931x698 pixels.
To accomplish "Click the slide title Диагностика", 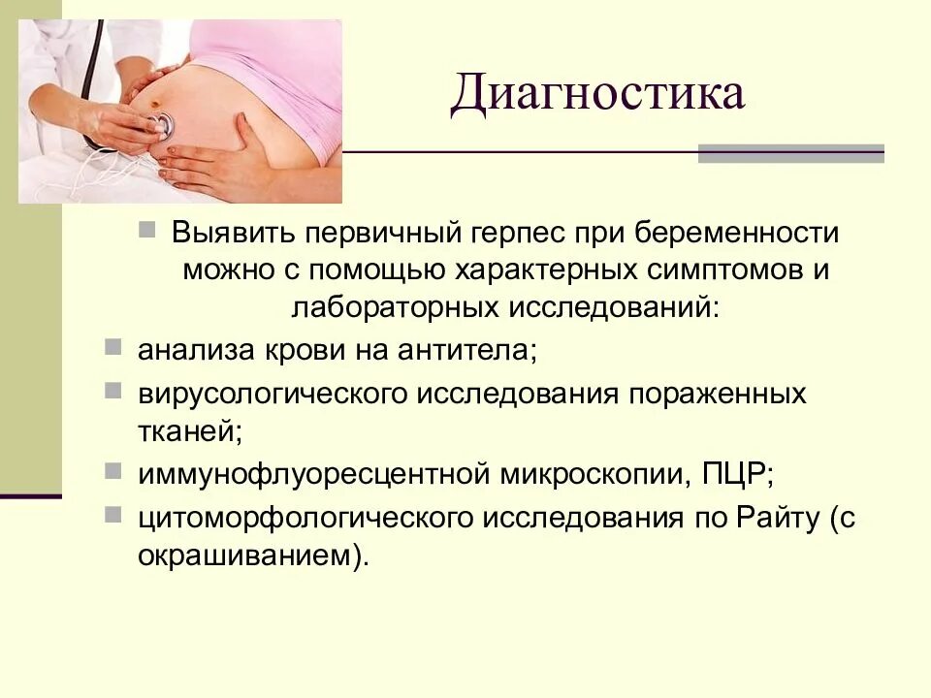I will [596, 97].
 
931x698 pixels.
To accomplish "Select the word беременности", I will [740, 236].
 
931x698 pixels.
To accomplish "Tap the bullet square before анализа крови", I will [113, 346].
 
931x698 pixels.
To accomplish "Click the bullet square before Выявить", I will [146, 231].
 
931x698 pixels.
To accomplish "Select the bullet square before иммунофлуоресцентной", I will [113, 470].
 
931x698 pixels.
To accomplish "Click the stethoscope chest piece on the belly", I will [162, 124].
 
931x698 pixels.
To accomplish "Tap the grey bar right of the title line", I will [790, 153].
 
